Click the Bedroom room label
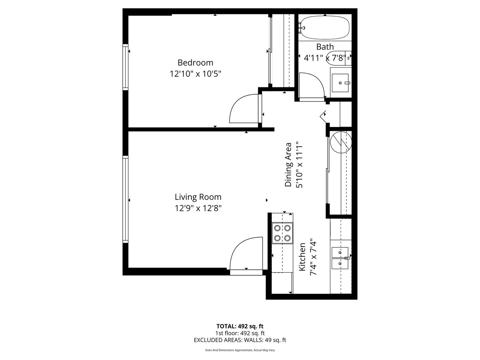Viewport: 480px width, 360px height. tap(195, 63)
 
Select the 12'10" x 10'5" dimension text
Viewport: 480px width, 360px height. tap(195, 74)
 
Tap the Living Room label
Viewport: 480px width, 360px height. tap(198, 197)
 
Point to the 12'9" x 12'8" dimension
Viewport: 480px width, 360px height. tap(198, 208)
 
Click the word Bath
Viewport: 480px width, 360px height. tap(325, 47)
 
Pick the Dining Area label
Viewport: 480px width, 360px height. tap(288, 165)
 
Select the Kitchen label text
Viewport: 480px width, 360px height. tap(302, 257)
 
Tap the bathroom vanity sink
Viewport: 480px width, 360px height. tap(340, 83)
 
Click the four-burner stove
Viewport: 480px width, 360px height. tap(282, 233)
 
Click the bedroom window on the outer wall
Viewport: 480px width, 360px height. tap(125, 67)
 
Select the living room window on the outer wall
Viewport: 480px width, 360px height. tap(125, 199)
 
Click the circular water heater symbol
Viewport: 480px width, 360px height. tap(340, 142)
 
